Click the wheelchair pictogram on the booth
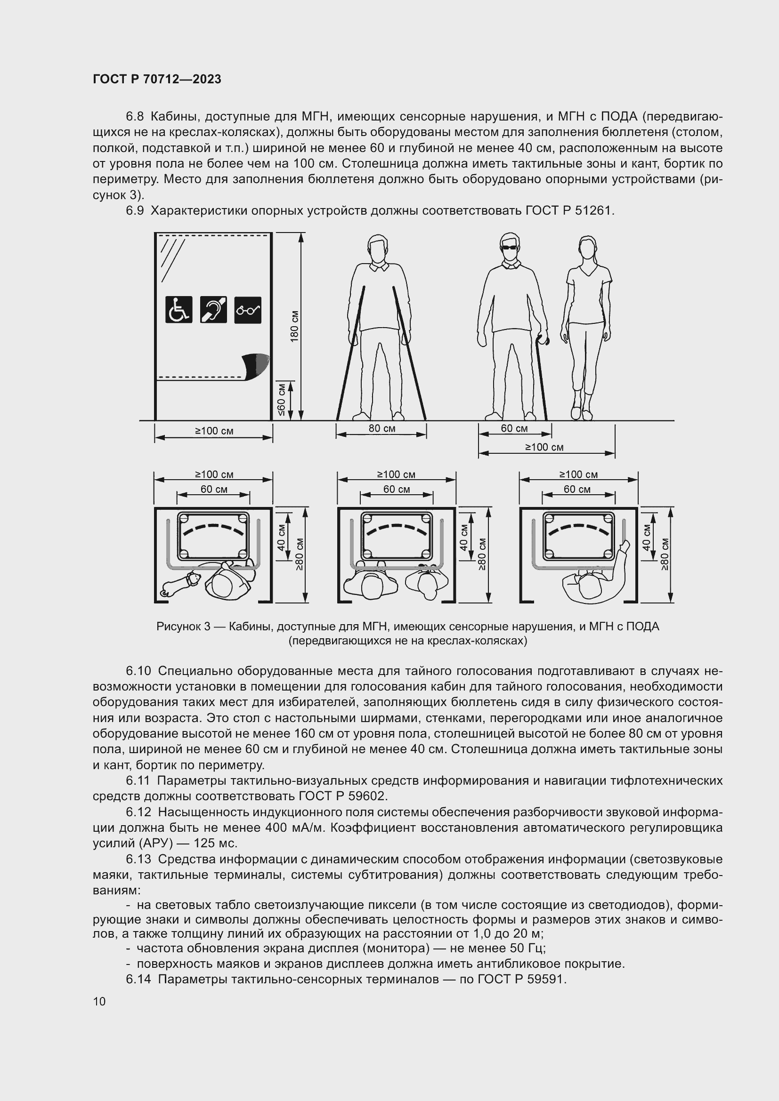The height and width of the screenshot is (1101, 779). [179, 309]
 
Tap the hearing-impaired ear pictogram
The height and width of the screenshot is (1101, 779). [213, 309]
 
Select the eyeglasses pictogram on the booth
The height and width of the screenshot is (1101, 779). [248, 310]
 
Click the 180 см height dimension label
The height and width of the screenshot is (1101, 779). [294, 327]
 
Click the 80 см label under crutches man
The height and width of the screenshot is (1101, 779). [382, 428]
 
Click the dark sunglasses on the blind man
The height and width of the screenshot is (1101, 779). [510, 248]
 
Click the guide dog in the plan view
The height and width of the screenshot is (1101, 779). [180, 584]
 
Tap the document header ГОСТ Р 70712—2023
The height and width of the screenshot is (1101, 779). [157, 79]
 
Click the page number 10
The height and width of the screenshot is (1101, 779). [99, 1001]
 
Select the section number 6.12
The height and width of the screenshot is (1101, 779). [138, 812]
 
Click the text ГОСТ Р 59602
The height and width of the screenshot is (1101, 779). [342, 796]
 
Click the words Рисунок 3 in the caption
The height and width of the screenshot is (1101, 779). [183, 626]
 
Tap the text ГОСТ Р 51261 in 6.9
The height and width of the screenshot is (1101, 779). [569, 210]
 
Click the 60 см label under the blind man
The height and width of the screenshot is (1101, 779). [514, 428]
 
